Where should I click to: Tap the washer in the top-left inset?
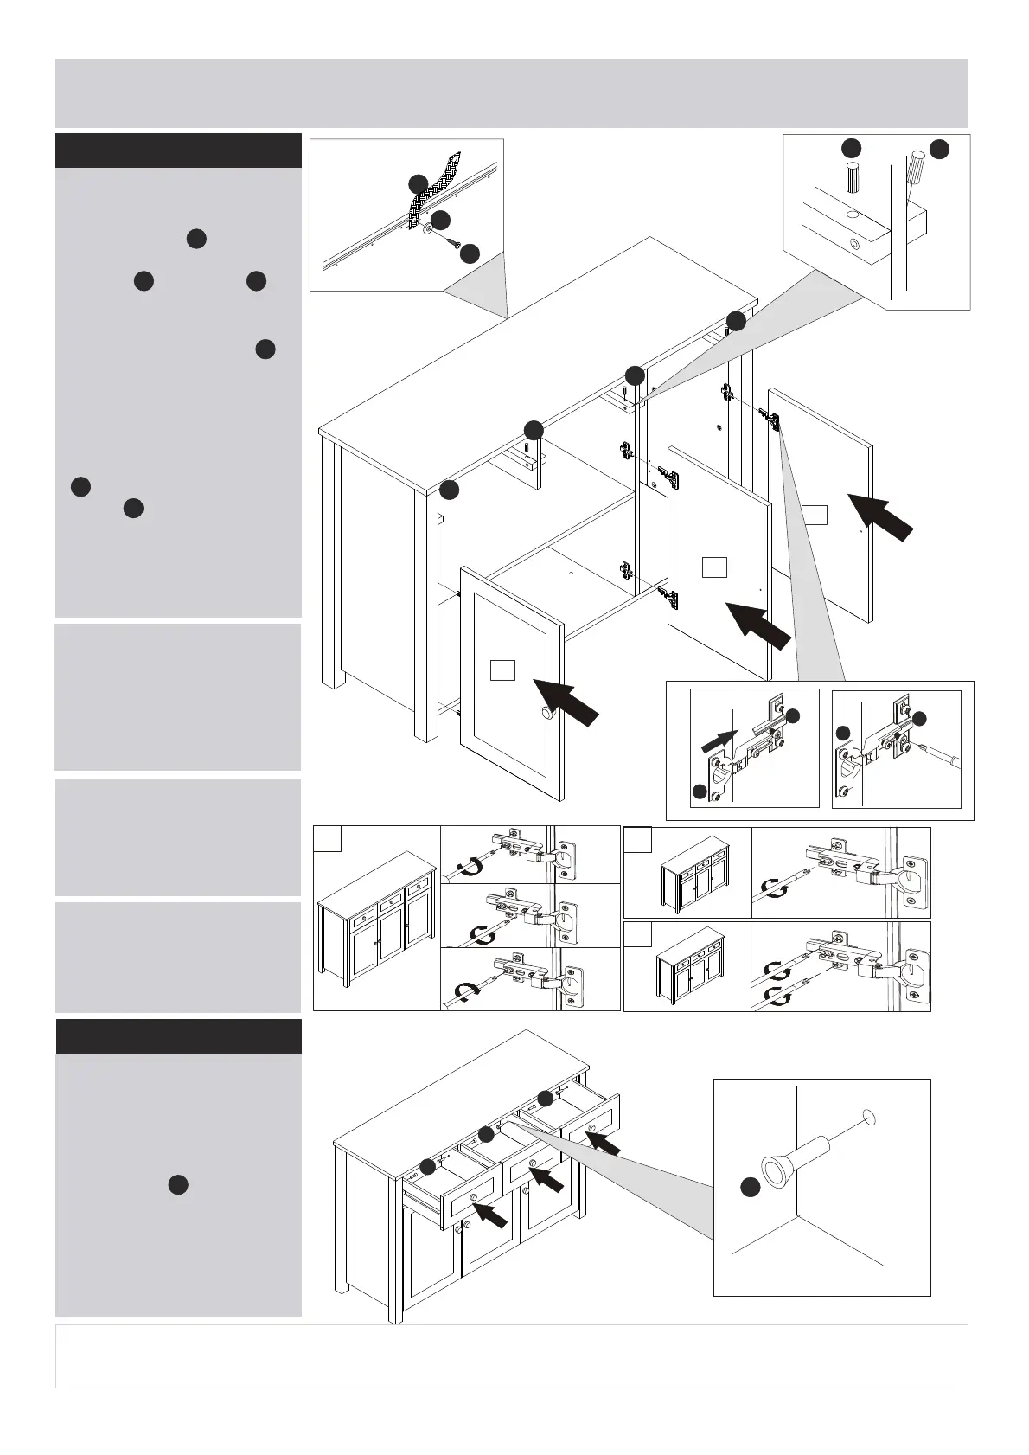pyautogui.click(x=428, y=231)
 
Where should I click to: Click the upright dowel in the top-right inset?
pyautogui.click(x=852, y=182)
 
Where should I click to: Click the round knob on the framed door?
pyautogui.click(x=546, y=713)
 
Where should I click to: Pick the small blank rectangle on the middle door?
pyautogui.click(x=713, y=567)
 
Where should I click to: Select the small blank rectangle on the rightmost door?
pyautogui.click(x=814, y=515)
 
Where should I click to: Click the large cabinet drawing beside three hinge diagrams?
pyautogui.click(x=376, y=926)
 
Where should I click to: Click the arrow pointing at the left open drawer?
pyautogui.click(x=489, y=1217)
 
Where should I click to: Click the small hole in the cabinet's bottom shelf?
pyautogui.click(x=572, y=572)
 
